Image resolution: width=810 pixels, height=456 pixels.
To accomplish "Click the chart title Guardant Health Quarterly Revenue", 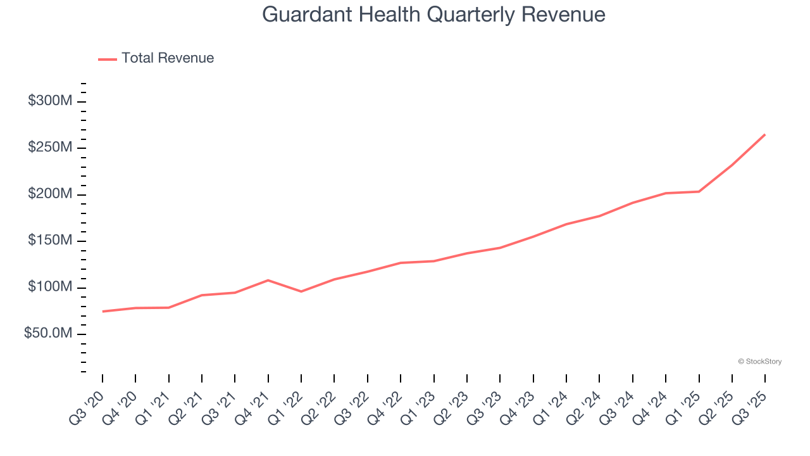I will tap(433, 14).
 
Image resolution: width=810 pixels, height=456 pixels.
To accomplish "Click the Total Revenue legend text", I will tap(168, 58).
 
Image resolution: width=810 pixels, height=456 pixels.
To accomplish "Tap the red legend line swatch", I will tap(108, 59).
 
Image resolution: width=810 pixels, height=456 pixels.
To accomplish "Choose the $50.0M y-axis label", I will tap(48, 334).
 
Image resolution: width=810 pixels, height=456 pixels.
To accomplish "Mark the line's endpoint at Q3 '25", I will tap(765, 134).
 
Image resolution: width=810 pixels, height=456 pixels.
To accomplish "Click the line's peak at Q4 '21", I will tap(268, 280).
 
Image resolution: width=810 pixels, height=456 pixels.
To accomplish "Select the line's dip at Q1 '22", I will tap(301, 291).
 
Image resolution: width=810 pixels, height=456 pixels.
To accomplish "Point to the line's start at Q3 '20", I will tap(103, 312).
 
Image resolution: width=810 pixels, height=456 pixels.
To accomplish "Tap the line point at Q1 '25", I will tap(699, 191).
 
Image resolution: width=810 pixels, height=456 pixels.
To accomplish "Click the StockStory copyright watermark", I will tap(759, 362).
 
